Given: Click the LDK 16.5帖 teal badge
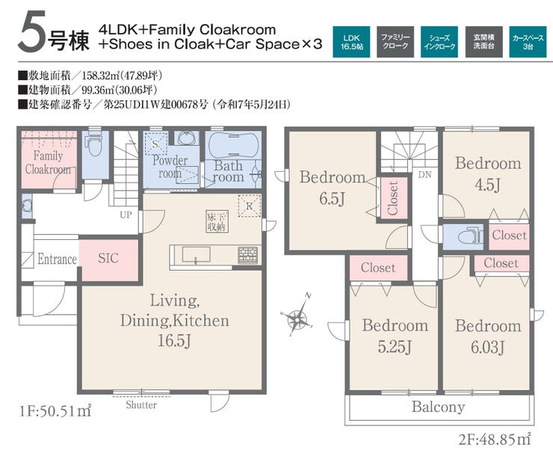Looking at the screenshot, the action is [x=351, y=42].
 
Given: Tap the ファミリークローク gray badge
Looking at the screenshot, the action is [x=395, y=42].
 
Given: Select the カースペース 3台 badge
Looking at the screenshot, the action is [x=528, y=42].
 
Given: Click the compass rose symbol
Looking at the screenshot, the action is [x=297, y=316].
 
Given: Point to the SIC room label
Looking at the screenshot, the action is [x=108, y=259].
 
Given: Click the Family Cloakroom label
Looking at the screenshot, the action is [x=48, y=162].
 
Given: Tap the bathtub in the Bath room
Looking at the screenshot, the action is [x=233, y=144].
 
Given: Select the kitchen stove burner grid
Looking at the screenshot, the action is [x=247, y=255].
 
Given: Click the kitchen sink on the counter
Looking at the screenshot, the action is [x=196, y=254].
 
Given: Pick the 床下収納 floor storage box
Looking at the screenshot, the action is [x=217, y=221].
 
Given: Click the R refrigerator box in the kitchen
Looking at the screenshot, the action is [x=250, y=206].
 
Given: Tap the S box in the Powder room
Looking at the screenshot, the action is [x=155, y=144].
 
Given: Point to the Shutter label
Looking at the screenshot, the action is [x=141, y=404].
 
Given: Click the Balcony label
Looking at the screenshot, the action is [x=438, y=407].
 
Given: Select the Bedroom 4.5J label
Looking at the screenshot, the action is [x=488, y=174].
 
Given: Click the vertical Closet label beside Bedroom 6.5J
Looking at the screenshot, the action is [x=393, y=198].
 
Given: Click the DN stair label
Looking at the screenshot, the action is [x=424, y=175].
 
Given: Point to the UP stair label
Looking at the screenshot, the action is [x=126, y=215].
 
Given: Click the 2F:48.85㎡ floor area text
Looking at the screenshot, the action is [x=495, y=440].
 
